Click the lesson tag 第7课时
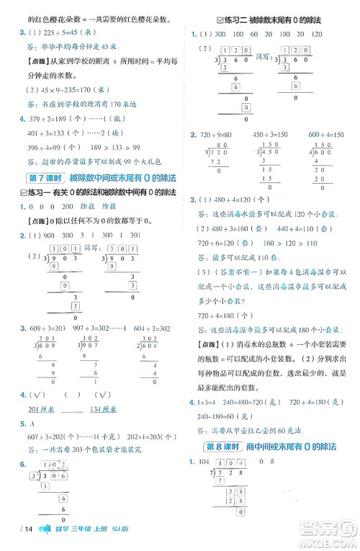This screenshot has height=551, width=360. click(x=45, y=178)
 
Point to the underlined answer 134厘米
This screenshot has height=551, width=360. click(x=101, y=410)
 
